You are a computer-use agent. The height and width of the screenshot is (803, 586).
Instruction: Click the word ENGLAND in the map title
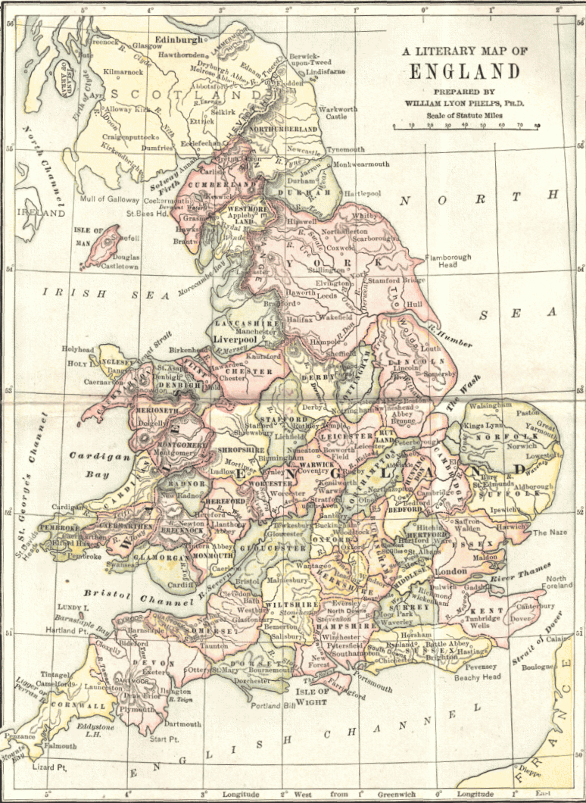coord(465,72)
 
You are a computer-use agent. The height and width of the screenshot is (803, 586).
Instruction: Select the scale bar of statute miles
coord(466,126)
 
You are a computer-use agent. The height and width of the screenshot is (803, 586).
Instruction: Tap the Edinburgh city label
coord(179,39)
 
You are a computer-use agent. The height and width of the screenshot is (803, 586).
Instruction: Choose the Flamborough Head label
coord(447,261)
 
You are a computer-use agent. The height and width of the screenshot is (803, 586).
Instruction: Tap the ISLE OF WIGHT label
coord(312,696)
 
